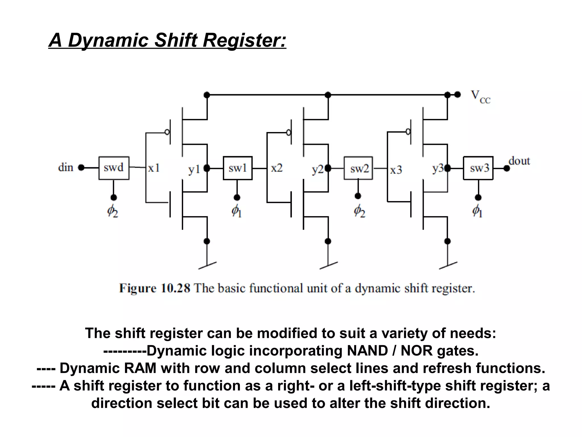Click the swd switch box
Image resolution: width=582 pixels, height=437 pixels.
coord(114,168)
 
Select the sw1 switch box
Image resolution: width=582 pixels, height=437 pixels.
coord(238,168)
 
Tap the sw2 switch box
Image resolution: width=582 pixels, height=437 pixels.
coord(358,168)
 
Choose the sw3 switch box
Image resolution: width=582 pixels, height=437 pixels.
coord(478,168)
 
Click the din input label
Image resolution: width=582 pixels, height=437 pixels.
coord(66,167)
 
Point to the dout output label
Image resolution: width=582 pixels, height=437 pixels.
coord(519,161)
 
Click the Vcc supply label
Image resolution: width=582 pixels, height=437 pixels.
coord(480,97)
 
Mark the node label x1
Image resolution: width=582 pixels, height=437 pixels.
coord(154,168)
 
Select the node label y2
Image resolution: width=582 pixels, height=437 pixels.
coord(318,169)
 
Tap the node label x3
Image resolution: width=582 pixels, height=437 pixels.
coord(396,170)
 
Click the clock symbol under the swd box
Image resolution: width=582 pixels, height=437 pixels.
coord(113,211)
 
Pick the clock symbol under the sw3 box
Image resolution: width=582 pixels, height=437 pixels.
coord(477,211)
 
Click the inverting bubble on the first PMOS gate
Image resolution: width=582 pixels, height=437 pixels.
coord(167,132)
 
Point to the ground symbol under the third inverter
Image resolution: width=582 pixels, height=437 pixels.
coord(448,265)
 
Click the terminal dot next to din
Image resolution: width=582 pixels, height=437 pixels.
coord(81,168)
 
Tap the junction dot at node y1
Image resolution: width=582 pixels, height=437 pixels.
coord(207,168)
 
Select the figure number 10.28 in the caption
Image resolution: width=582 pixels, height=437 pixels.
coord(175,288)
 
